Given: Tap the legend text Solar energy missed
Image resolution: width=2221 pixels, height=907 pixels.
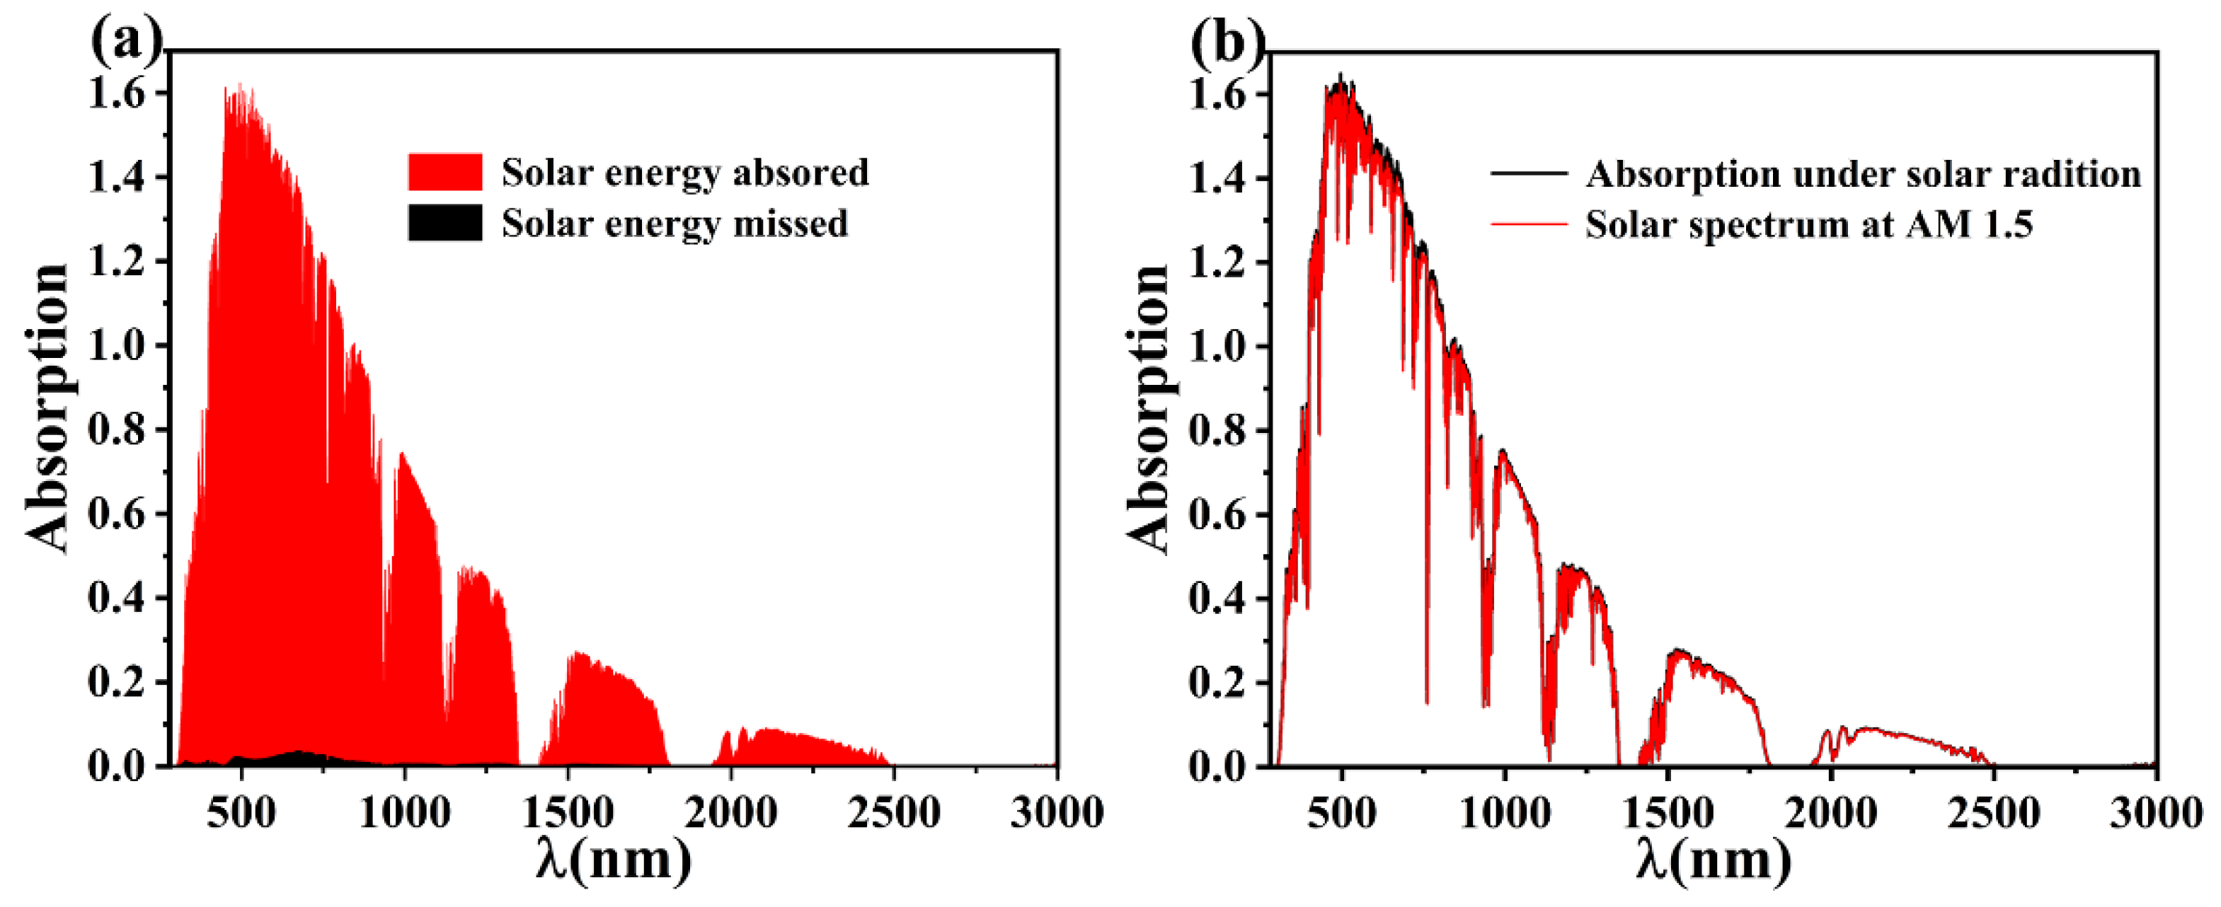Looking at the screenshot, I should [675, 224].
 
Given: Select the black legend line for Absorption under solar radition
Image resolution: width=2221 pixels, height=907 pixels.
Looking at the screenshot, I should [1528, 174].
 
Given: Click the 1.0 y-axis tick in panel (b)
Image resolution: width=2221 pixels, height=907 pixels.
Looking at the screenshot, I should [1217, 347].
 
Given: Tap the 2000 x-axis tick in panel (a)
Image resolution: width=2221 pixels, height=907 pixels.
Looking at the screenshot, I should [730, 812].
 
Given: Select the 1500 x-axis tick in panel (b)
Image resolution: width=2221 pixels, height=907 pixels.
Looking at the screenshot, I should [1668, 812].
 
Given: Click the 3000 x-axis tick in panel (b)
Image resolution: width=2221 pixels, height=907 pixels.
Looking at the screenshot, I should [2155, 812].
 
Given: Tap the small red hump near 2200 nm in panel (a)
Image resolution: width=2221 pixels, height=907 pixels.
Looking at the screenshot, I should [802, 750].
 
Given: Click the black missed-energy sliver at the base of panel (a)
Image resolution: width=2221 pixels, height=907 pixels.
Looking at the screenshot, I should [297, 758].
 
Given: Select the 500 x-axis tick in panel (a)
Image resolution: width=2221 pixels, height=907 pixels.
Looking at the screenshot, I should [241, 812].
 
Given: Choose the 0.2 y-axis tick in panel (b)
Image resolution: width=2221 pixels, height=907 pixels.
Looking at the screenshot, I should [1217, 682].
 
